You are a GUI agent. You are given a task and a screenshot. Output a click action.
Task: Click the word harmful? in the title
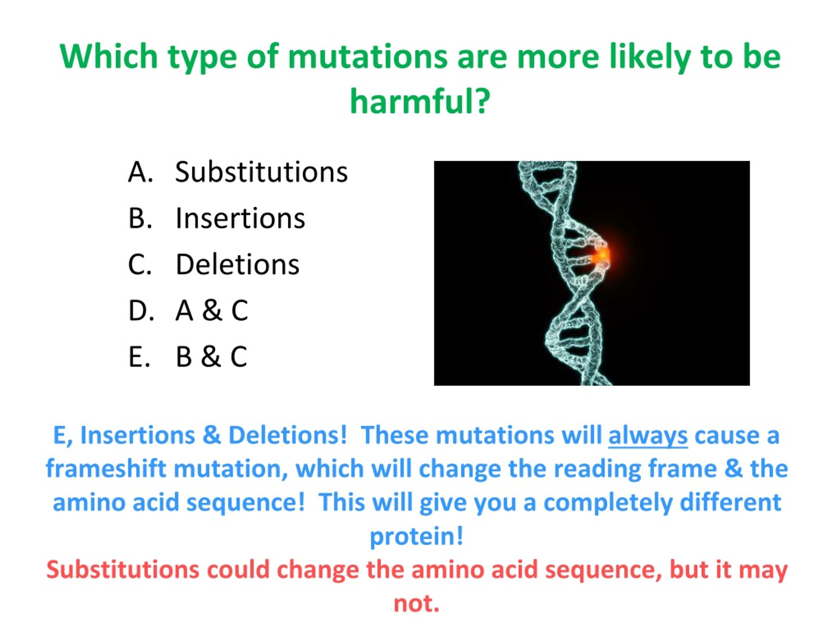tap(420, 101)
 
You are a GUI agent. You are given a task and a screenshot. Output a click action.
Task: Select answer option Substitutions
tap(261, 172)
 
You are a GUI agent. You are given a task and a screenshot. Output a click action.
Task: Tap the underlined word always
tap(648, 435)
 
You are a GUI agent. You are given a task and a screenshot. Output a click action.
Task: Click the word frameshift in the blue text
tap(106, 469)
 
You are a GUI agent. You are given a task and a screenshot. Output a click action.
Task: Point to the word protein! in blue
tap(417, 536)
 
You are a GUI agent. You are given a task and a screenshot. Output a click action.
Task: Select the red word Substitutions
tap(123, 570)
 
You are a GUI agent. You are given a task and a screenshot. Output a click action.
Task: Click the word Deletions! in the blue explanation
tap(287, 435)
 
